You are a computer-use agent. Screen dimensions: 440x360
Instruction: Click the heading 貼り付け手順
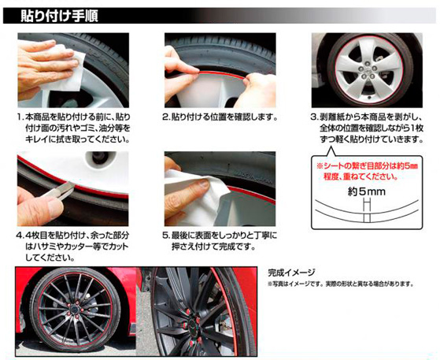[x=59, y=16]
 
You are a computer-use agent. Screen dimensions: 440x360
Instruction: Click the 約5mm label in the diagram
[x=367, y=192]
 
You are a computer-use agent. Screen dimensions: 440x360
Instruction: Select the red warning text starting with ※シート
[x=367, y=171]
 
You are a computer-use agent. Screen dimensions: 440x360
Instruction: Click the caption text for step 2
[x=220, y=117]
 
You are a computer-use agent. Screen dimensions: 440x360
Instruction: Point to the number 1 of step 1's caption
[x=19, y=117]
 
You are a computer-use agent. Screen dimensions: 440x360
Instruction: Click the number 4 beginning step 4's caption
[x=19, y=236]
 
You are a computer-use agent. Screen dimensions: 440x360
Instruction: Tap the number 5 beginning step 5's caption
[x=165, y=236]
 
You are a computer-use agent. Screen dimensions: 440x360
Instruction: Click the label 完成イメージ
[x=292, y=273]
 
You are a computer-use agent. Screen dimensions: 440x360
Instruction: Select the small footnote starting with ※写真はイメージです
[x=341, y=284]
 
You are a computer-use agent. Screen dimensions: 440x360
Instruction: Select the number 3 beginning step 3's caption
[x=313, y=117]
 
